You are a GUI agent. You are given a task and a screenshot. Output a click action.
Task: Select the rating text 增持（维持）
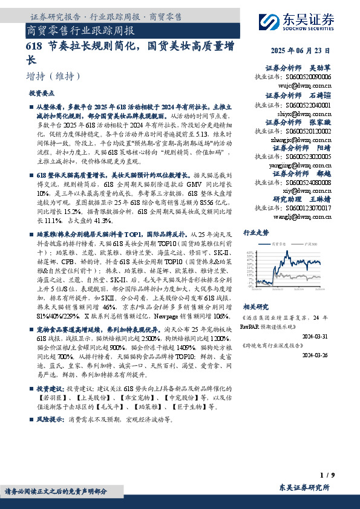tap(54, 77)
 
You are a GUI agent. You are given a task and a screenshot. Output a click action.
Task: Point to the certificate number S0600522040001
tap(309, 104)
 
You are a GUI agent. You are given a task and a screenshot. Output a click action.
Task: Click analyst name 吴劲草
tap(320, 69)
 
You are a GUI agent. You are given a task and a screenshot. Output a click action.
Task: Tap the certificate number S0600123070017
tap(309, 208)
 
